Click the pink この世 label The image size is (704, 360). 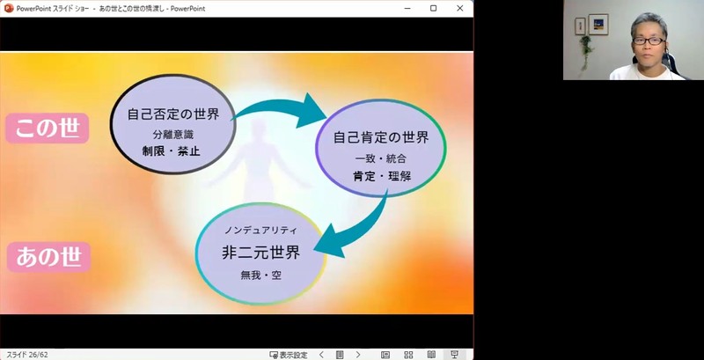coord(48,129)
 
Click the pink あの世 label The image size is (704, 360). coord(48,257)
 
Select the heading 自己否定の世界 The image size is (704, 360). coord(173,114)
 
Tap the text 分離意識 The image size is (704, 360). coord(173,134)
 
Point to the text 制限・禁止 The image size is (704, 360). coord(171,151)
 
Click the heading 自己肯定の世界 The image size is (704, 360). coord(381,137)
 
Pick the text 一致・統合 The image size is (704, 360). coord(381,159)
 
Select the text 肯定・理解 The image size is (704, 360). coord(382,176)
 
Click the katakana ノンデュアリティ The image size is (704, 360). coord(260,231)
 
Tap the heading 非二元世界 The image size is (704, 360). coord(260,253)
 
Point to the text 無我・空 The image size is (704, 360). coord(260,276)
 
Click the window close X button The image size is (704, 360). coord(459,8)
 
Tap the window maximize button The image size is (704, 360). coord(433,8)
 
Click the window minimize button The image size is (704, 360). coord(407,8)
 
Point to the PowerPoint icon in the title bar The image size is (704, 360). coord(9,8)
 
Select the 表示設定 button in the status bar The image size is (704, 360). coord(289,355)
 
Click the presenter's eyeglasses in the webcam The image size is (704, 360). coord(649,40)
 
